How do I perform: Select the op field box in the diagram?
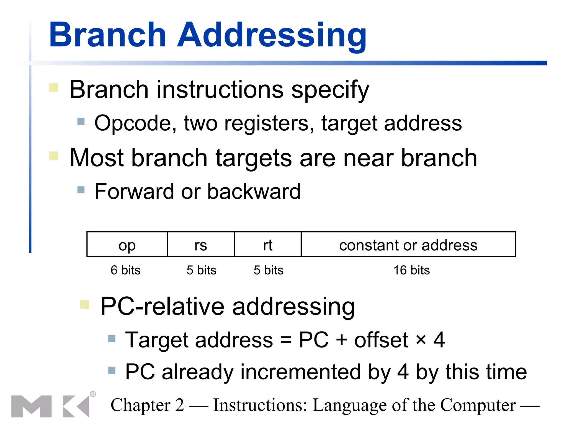127,245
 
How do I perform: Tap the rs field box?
201,245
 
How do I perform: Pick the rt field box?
268,245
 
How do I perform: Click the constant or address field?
408,245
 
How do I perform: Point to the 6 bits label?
125,270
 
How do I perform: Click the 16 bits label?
412,270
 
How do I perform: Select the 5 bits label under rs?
201,270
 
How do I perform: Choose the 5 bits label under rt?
269,270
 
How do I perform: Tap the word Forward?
134,191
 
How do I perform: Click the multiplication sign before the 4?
421,340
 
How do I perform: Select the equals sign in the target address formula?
286,340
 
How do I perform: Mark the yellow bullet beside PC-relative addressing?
84,304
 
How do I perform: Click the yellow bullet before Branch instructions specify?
54,87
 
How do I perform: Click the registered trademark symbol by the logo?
93,394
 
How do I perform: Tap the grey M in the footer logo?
31,406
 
